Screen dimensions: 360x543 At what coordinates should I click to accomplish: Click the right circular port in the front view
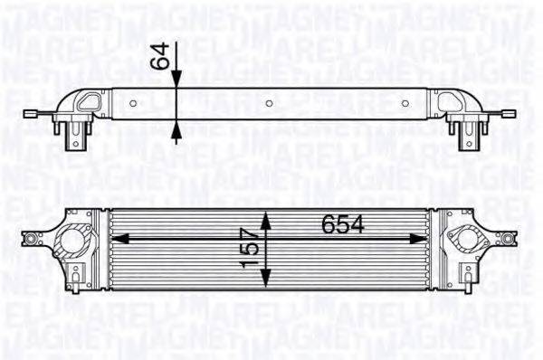(470, 240)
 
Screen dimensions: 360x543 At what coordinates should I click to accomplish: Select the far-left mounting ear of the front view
(33, 240)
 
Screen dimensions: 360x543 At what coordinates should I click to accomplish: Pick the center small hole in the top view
(270, 103)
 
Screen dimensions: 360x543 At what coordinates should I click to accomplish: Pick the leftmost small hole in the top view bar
(133, 103)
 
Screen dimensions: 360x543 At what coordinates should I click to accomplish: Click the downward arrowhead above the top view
(176, 81)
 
